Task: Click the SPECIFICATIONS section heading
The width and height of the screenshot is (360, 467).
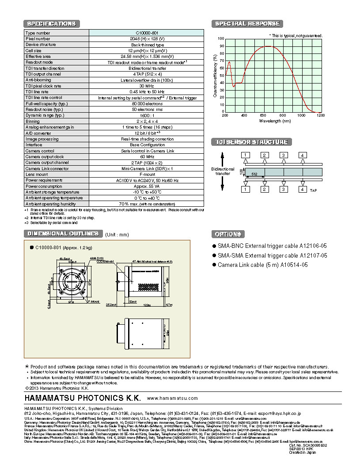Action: [x=52, y=24]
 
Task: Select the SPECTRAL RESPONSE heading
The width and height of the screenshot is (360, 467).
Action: [x=247, y=24]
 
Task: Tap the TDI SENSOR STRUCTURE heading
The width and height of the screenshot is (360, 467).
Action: [x=251, y=142]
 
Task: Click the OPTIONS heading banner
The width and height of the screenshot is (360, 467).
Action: [x=228, y=234]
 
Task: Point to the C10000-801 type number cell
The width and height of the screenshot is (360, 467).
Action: [x=147, y=33]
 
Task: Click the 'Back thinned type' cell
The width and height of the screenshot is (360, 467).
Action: [x=147, y=45]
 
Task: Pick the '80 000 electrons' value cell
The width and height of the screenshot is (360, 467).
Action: [x=147, y=103]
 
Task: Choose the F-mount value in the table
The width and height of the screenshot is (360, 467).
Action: [x=147, y=174]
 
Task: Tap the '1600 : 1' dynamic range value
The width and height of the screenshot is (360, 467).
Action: [x=147, y=115]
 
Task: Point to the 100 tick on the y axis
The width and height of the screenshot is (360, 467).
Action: [x=221, y=39]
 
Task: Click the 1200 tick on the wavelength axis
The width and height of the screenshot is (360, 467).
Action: [x=320, y=115]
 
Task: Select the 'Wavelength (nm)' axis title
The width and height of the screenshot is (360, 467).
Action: [x=275, y=121]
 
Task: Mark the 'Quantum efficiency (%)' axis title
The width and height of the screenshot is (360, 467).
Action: [x=215, y=76]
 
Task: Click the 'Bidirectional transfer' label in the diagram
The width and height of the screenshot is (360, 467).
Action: [x=223, y=171]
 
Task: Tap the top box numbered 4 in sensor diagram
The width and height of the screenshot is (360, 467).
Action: [x=302, y=155]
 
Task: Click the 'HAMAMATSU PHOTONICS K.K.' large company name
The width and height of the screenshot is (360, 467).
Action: [x=83, y=398]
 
